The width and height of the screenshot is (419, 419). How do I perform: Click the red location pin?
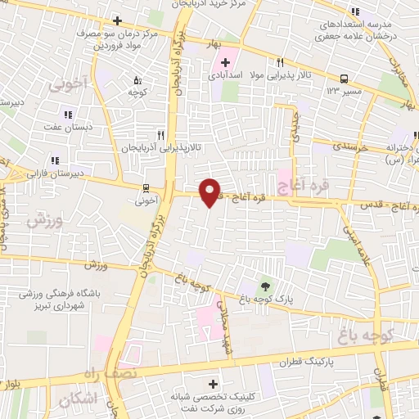click(x=209, y=191)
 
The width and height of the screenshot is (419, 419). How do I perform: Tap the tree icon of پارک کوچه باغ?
click(x=265, y=286)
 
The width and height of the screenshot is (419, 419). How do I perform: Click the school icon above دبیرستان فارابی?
click(x=55, y=160)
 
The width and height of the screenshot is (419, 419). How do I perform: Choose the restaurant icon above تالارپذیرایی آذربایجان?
click(x=160, y=135)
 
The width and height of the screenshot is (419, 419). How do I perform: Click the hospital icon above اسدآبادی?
click(x=226, y=62)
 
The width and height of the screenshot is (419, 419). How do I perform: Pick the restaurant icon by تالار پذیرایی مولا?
click(x=280, y=62)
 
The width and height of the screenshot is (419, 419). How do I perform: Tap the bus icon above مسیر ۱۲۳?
click(x=344, y=79)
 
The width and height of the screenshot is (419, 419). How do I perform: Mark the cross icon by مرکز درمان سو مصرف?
click(x=118, y=20)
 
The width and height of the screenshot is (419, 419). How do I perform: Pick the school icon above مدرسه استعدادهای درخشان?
click(x=355, y=11)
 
